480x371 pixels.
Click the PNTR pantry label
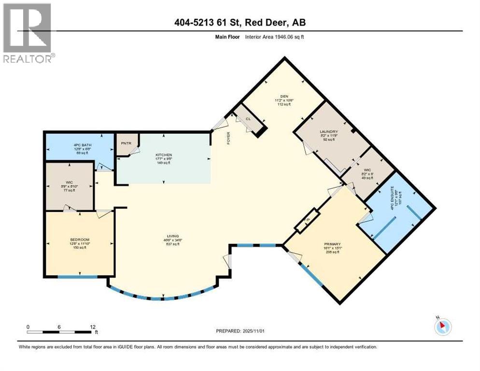coord(125,144)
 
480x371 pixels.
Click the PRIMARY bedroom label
coord(333,244)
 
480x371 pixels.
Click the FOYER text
coord(229,139)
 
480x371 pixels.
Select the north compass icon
coord(442,326)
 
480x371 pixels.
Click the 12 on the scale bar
coord(92,327)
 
